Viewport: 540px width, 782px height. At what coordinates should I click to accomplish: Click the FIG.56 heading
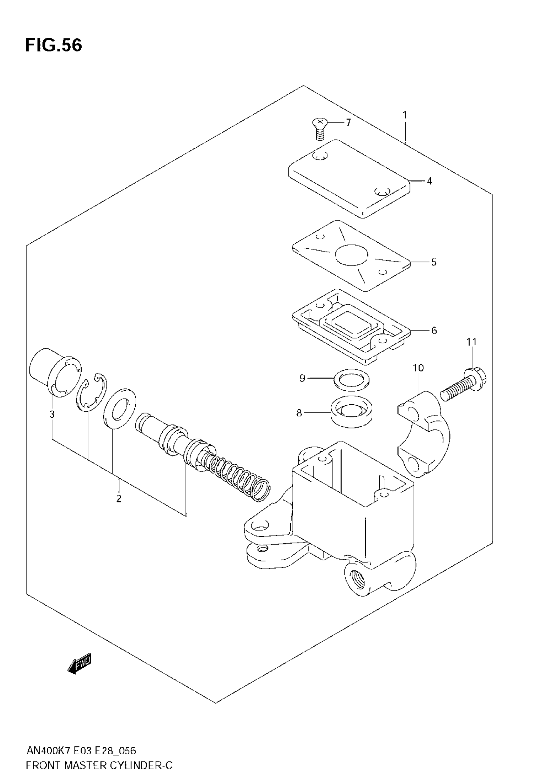click(x=53, y=45)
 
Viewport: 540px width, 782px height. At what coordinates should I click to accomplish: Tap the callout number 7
click(x=348, y=122)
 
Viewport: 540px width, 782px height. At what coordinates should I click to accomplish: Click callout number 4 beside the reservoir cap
click(x=429, y=181)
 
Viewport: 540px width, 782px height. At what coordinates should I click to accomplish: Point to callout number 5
click(x=433, y=262)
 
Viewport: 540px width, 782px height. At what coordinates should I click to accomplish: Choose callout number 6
click(x=434, y=330)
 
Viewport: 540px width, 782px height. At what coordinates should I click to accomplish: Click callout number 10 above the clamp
click(x=418, y=368)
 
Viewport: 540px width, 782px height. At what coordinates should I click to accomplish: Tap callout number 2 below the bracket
click(x=119, y=499)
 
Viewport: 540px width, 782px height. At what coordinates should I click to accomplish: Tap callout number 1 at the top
click(x=405, y=115)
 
